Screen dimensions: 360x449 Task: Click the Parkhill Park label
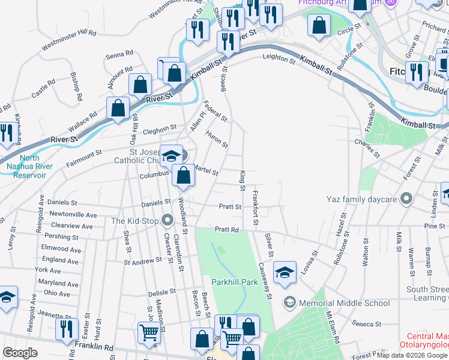234,281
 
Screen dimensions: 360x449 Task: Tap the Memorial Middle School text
344,303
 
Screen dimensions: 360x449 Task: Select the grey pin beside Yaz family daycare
407,199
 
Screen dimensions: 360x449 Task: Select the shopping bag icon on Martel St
183,175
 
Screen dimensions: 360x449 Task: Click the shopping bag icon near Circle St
319,25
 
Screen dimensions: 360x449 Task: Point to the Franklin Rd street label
94,347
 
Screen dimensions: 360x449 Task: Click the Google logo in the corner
20,353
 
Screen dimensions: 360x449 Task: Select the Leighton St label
279,59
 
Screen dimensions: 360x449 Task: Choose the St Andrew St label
143,262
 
